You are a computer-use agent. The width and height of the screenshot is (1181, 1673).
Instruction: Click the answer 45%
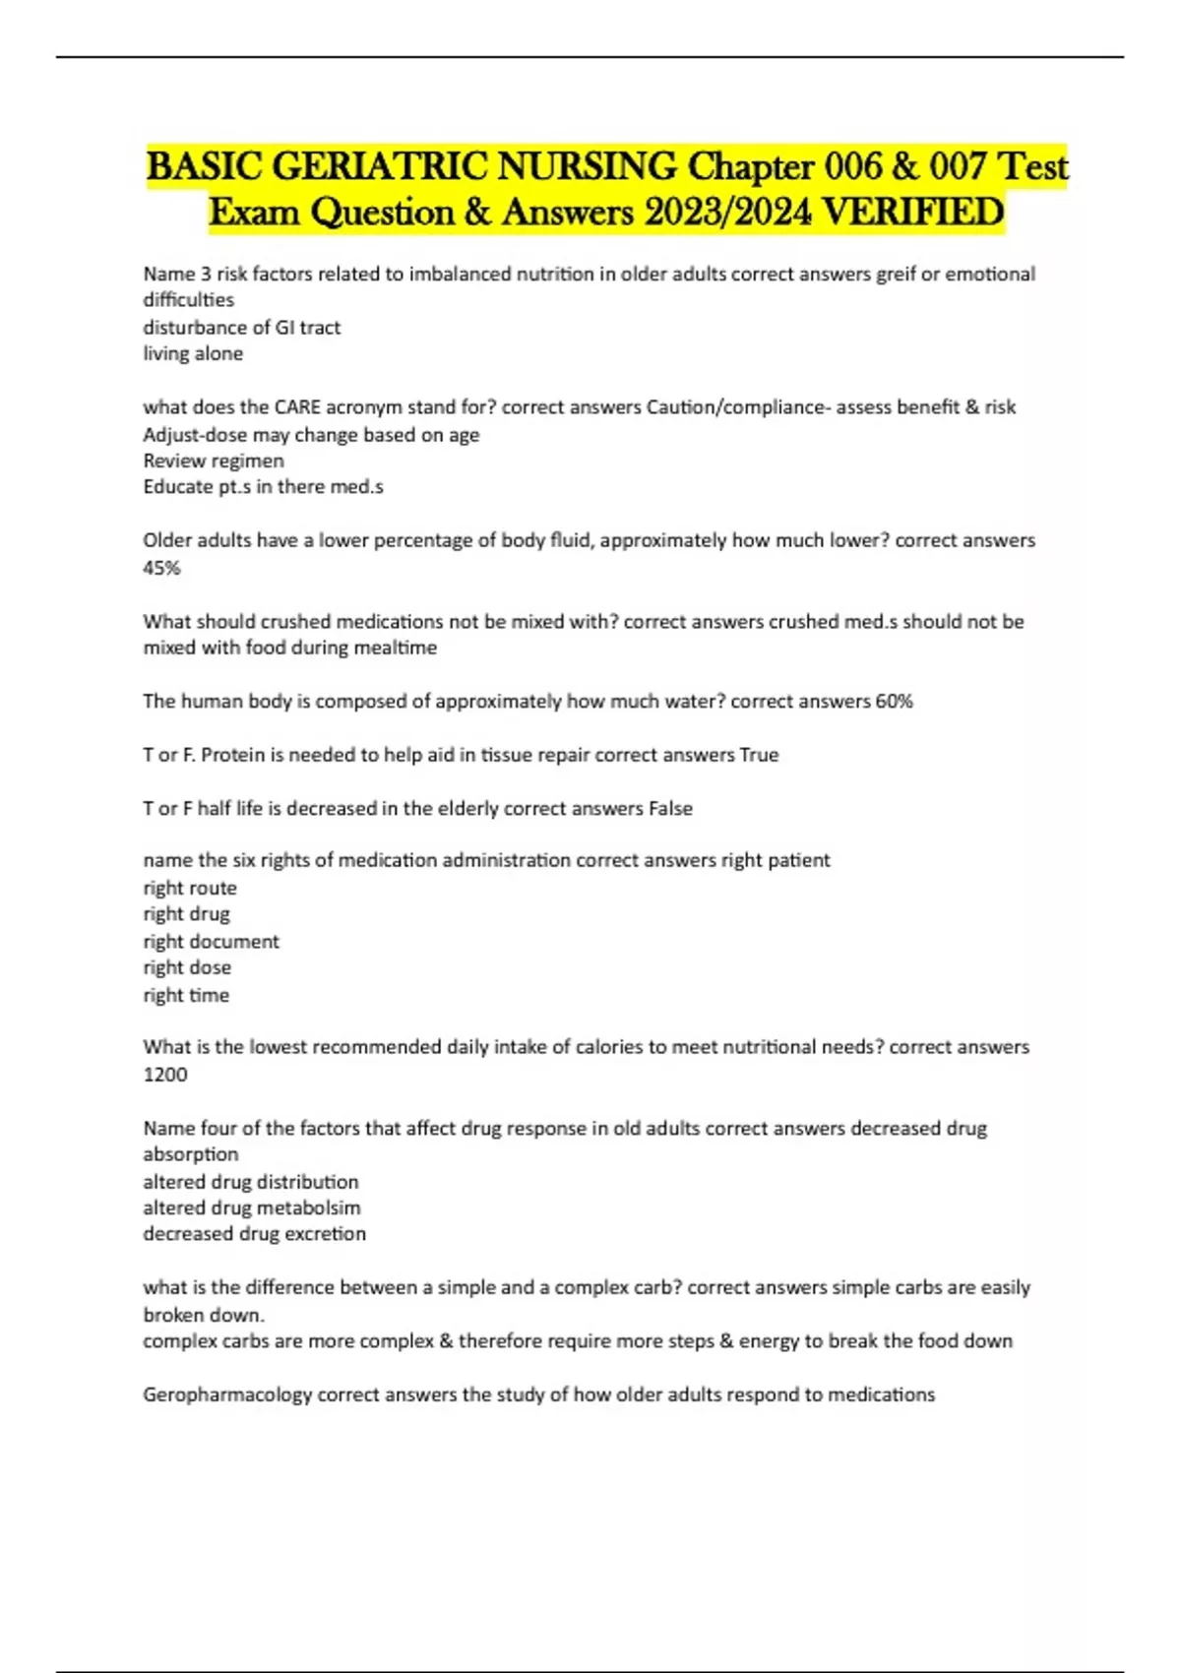tap(161, 568)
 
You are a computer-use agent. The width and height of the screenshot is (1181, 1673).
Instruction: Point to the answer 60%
tap(894, 702)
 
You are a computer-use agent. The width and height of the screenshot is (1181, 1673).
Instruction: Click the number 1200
tap(164, 1075)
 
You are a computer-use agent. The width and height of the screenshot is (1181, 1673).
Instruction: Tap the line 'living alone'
tap(193, 353)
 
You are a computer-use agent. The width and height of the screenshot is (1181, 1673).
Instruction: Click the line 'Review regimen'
tap(214, 461)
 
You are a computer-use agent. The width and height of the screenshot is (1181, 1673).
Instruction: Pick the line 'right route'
tap(190, 888)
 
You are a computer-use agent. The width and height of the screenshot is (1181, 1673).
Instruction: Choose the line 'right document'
tap(211, 942)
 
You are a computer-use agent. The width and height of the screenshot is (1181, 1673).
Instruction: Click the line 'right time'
tap(186, 995)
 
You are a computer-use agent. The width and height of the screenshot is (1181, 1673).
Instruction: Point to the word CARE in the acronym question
tap(297, 407)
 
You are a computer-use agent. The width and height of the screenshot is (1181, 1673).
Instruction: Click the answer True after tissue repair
tap(759, 755)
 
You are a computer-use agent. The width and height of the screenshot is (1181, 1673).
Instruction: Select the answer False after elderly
tap(670, 809)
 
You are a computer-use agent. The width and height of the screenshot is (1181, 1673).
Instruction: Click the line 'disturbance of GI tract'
tap(242, 327)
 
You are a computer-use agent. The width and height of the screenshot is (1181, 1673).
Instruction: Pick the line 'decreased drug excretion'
tap(254, 1234)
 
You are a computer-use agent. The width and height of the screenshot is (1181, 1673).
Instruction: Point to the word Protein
tap(232, 755)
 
